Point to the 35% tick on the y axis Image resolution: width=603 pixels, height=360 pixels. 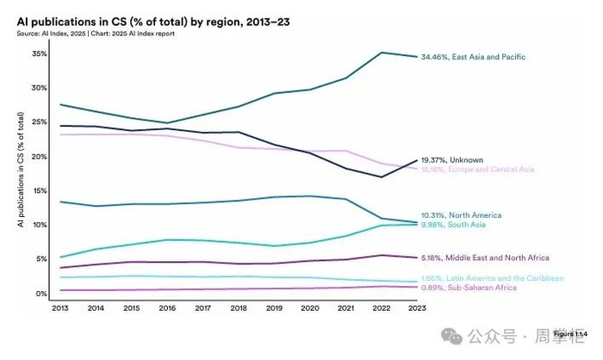(40, 53)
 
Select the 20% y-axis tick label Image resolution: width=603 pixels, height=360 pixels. (40, 157)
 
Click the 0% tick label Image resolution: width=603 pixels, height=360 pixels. (41, 294)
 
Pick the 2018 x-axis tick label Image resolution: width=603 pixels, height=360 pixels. (239, 307)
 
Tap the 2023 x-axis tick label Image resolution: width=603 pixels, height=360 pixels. (417, 307)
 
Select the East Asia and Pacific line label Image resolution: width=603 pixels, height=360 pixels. (473, 57)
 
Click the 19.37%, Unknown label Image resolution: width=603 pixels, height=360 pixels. (451, 159)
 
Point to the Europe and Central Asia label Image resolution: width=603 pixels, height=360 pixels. (477, 169)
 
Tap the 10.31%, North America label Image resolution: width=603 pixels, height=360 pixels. (461, 214)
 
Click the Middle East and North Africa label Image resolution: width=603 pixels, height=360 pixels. (484, 258)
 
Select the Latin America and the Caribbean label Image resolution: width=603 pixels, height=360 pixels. (492, 278)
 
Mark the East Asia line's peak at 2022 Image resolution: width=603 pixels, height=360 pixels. (382, 53)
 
